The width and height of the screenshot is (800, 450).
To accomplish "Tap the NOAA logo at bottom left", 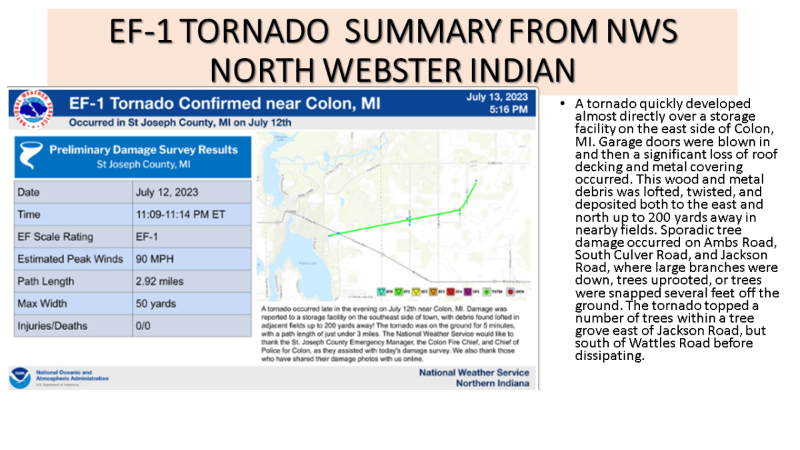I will pyautogui.click(x=19, y=377).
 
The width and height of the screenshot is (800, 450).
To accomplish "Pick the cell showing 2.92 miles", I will pyautogui.click(x=159, y=281).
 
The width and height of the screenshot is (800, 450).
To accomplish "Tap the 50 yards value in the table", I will pyautogui.click(x=155, y=303).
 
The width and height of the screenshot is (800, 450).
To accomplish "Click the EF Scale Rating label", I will pyautogui.click(x=55, y=237).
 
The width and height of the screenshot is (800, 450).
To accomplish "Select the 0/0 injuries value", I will pyautogui.click(x=143, y=326).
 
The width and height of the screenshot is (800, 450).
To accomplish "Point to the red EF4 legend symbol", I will pyautogui.click(x=450, y=291).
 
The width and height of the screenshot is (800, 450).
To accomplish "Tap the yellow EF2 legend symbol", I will pyautogui.click(x=416, y=291).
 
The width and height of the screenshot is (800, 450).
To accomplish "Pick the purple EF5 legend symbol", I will pyautogui.click(x=467, y=291).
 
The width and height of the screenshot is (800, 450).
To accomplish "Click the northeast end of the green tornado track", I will pyautogui.click(x=475, y=181).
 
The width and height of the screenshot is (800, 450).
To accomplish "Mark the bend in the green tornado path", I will pyautogui.click(x=459, y=210).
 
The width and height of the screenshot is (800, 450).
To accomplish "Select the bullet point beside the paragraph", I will pyautogui.click(x=563, y=105).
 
